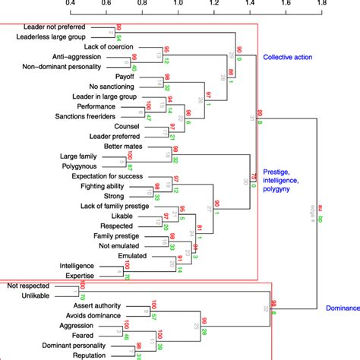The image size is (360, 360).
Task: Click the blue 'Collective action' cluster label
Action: [x=292, y=57]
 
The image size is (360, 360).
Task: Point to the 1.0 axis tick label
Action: [x=178, y=4]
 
